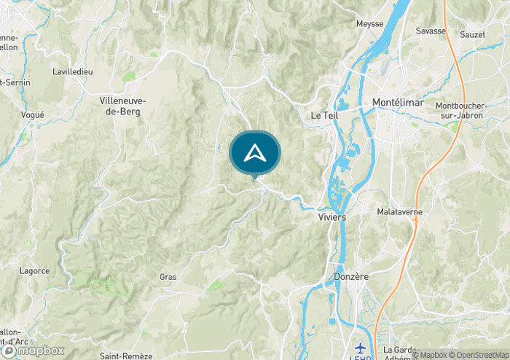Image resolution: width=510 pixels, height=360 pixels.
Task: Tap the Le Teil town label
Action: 325,115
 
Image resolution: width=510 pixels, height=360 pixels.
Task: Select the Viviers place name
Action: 331,217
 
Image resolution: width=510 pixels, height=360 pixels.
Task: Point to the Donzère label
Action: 351,277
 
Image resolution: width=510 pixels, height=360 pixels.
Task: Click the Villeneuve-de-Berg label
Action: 123,106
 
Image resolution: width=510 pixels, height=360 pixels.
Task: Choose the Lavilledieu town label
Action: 72,72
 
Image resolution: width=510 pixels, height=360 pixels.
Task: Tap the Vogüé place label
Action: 34,115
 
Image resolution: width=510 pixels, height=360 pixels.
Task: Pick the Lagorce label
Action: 36,270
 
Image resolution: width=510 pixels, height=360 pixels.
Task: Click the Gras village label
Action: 168,277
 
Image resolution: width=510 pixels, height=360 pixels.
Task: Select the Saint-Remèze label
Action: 126,356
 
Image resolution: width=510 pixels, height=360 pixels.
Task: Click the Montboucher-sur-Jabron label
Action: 463,110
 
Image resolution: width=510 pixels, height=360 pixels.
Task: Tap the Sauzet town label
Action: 472,34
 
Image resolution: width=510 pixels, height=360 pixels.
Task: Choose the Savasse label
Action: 431,31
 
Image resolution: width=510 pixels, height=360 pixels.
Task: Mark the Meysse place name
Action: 369,24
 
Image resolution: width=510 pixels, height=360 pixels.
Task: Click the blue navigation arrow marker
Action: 255,152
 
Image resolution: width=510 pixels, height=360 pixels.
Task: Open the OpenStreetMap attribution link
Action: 479,355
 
